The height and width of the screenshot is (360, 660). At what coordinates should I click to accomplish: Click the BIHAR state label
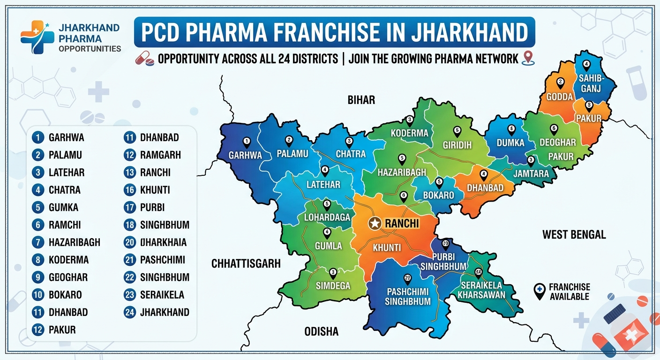click(361, 100)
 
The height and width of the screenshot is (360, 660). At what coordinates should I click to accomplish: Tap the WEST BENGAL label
click(574, 234)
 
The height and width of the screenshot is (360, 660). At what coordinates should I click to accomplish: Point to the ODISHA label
click(321, 332)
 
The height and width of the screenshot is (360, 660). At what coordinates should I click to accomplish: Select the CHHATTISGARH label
click(246, 263)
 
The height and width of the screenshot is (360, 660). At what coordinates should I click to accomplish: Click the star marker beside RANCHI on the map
click(375, 224)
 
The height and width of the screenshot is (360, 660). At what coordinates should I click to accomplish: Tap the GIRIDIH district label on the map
click(457, 145)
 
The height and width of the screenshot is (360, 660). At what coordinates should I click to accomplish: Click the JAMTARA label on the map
click(531, 174)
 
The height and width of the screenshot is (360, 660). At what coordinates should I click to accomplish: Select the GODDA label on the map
click(560, 97)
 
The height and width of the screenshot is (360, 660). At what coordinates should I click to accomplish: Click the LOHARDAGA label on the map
click(327, 218)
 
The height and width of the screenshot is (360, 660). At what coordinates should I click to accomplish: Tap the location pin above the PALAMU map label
click(289, 140)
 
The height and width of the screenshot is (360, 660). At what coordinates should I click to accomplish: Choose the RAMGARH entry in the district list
click(160, 155)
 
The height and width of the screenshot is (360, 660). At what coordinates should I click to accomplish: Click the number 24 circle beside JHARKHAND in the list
click(130, 312)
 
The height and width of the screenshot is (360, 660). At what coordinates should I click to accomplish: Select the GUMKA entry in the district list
click(63, 207)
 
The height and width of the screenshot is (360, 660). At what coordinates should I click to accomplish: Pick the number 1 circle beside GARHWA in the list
click(38, 138)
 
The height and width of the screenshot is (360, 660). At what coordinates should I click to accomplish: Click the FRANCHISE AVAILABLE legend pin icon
click(540, 291)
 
